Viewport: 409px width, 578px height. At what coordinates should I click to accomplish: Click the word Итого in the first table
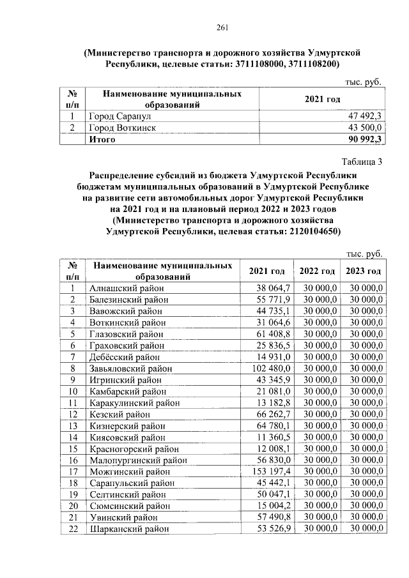pyautogui.click(x=102, y=139)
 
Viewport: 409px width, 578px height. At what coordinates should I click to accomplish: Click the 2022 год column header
pyautogui.click(x=318, y=271)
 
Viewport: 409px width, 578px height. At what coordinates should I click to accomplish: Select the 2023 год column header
pyautogui.click(x=364, y=271)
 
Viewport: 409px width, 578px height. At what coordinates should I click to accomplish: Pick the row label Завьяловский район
pyautogui.click(x=130, y=369)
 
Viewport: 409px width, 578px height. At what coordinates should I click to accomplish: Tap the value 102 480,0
pyautogui.click(x=272, y=369)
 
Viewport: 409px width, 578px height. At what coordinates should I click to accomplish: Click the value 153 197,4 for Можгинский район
pyautogui.click(x=272, y=471)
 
